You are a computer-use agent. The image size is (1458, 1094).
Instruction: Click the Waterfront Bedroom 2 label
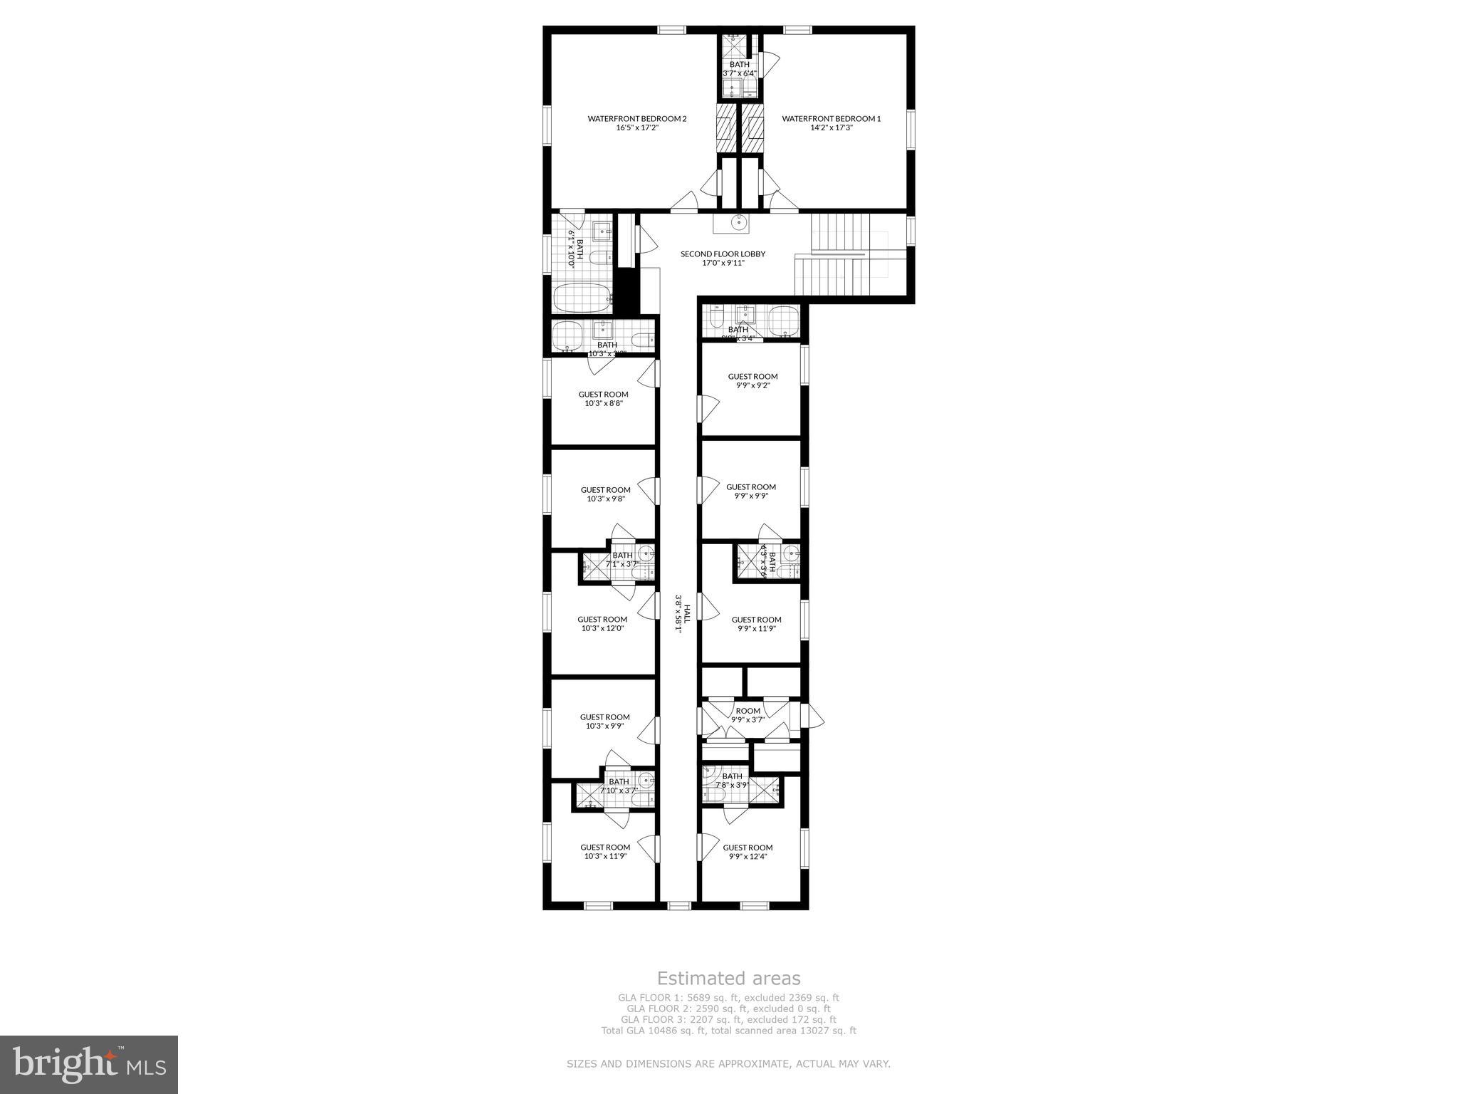pos(636,123)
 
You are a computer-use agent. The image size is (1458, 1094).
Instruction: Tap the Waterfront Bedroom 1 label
pos(831,123)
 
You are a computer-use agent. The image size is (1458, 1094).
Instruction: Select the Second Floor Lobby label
pos(723,258)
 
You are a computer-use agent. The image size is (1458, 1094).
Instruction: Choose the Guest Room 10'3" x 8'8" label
pos(603,398)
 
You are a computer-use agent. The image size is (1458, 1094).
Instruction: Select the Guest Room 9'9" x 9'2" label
pos(752,380)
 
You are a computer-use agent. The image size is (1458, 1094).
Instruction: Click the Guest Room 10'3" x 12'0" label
pos(602,624)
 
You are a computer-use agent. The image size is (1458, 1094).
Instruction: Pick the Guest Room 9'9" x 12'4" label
pos(748,852)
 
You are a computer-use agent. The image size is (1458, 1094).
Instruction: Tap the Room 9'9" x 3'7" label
pos(748,715)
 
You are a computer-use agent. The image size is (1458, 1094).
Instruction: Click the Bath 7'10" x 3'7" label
pos(619,786)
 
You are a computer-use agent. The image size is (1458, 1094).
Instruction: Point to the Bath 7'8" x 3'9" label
pos(732,781)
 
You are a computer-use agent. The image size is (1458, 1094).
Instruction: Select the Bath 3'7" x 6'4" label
pos(739,68)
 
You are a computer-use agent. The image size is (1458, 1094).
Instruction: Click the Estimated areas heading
pos(728,978)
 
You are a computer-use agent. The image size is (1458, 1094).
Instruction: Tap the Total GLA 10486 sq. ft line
pos(728,1030)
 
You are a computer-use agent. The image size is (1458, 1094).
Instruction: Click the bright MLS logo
pos(89,1065)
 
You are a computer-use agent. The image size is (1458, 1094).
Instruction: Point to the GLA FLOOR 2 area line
pos(728,1009)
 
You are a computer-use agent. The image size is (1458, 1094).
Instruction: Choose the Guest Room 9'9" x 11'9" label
pos(756,624)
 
